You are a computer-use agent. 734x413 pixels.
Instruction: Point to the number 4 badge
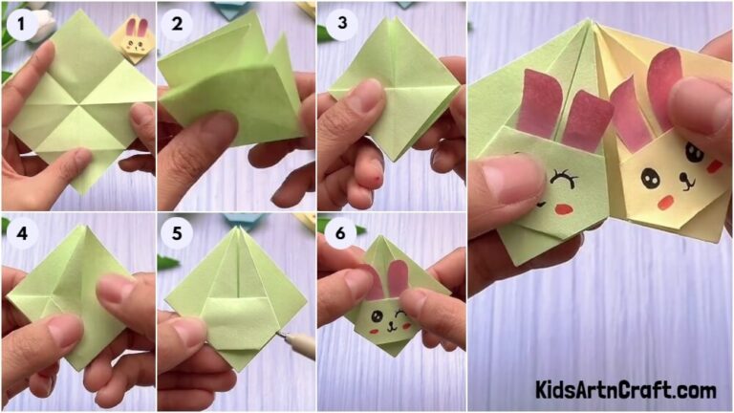(20, 233)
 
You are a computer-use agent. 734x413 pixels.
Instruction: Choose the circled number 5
(176, 233)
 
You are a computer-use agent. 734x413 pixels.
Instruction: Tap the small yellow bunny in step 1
(135, 39)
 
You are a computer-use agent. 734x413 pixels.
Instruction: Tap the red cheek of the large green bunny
(563, 205)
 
